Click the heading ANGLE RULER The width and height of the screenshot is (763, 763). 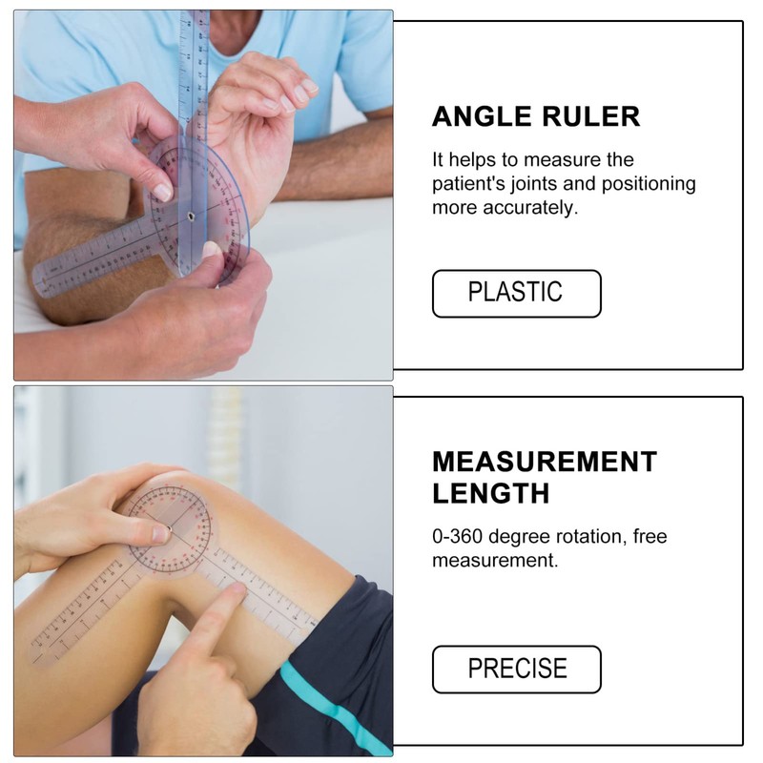click(535, 116)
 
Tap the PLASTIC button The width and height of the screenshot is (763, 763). click(516, 293)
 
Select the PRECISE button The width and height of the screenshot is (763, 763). click(516, 669)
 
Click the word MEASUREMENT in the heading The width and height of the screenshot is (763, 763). click(545, 462)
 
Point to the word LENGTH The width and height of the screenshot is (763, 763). click(490, 493)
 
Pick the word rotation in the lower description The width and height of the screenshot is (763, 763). click(590, 536)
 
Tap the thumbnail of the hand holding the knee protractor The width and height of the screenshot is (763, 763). click(160, 533)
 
